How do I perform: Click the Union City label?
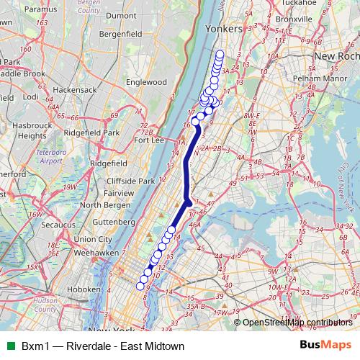click(x=93, y=240)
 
